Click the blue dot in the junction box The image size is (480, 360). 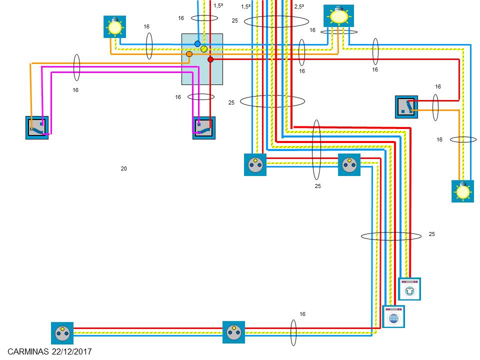[197, 44]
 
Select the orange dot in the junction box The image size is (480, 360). [189, 54]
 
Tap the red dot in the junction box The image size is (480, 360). [210, 59]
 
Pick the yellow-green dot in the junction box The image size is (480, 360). [204, 48]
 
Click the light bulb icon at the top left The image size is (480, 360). [114, 26]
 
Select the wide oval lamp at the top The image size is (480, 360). [338, 15]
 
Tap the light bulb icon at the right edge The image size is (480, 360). [462, 191]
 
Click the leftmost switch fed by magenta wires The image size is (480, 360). [37, 127]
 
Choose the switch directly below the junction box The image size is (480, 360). [204, 128]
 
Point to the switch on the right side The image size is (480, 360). [406, 107]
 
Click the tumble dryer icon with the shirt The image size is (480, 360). [409, 289]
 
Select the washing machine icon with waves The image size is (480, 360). [393, 316]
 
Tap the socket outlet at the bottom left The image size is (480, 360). [62, 333]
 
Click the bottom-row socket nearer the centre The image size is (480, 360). [233, 332]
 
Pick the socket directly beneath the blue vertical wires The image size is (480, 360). [255, 164]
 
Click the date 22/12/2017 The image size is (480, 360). [71, 352]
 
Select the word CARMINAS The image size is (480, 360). [28, 352]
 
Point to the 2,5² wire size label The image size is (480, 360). [299, 6]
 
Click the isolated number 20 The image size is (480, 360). [124, 168]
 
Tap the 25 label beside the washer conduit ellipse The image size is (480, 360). [432, 234]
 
